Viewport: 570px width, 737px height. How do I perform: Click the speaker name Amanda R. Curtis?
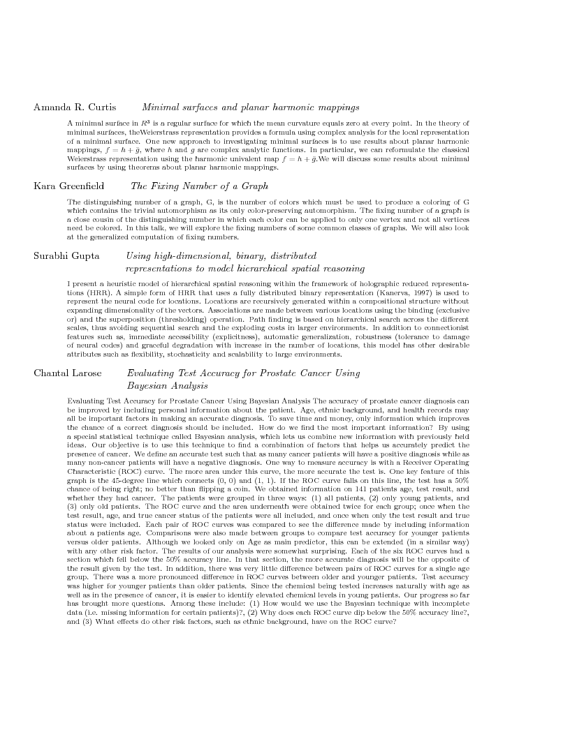pos(75,107)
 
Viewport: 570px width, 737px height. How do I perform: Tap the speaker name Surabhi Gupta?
pos(66,256)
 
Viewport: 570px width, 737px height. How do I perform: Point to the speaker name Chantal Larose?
pos(67,373)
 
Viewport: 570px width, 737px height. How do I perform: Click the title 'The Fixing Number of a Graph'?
pos(199,186)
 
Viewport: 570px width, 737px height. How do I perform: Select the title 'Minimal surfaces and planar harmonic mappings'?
pos(251,107)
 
